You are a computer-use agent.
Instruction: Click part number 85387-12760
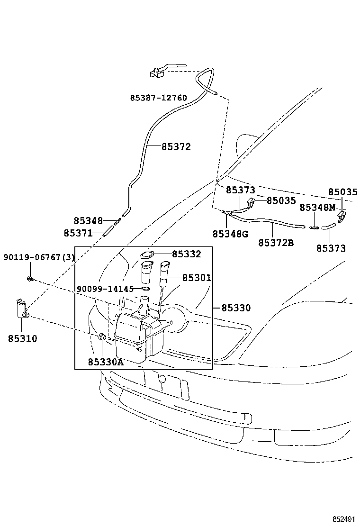[158, 98]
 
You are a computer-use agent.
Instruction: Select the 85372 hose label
[176, 147]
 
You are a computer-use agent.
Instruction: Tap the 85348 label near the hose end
[88, 221]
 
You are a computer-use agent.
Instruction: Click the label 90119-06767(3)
[39, 257]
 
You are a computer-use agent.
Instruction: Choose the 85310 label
[22, 339]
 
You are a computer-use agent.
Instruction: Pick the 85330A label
[105, 362]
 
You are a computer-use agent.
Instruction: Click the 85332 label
[186, 254]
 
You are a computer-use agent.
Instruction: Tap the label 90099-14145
[105, 289]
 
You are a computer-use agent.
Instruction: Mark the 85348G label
[230, 234]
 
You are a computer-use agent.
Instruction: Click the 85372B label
[276, 243]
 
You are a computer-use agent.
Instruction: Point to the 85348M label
[317, 208]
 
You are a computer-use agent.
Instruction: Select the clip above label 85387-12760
[157, 73]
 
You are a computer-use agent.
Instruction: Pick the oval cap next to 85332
[147, 254]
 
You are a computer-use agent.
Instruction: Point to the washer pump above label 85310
[22, 308]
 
